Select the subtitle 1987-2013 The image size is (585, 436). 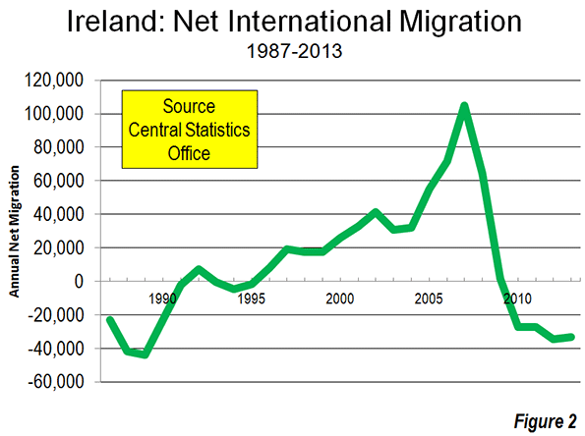click(x=294, y=51)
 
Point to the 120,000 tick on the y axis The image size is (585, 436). click(x=54, y=81)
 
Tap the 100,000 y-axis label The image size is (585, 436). click(x=54, y=114)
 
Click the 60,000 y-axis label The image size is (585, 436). click(x=59, y=181)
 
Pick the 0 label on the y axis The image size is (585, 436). click(x=79, y=282)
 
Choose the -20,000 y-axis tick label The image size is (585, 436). click(x=56, y=315)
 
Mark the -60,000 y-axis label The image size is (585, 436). click(x=56, y=382)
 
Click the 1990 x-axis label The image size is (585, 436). click(x=162, y=299)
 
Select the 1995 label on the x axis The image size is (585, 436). click(x=252, y=299)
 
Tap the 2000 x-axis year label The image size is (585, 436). click(x=340, y=299)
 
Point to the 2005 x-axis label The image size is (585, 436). click(x=429, y=299)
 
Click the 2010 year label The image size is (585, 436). click(x=517, y=299)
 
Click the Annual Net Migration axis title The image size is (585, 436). click(x=14, y=232)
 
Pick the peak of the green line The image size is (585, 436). click(x=464, y=106)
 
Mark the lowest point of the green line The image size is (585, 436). click(x=146, y=354)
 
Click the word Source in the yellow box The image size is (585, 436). click(x=189, y=107)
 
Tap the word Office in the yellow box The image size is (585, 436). click(x=189, y=153)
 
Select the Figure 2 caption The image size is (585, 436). click(x=546, y=422)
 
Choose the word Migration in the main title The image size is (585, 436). click(x=460, y=23)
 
